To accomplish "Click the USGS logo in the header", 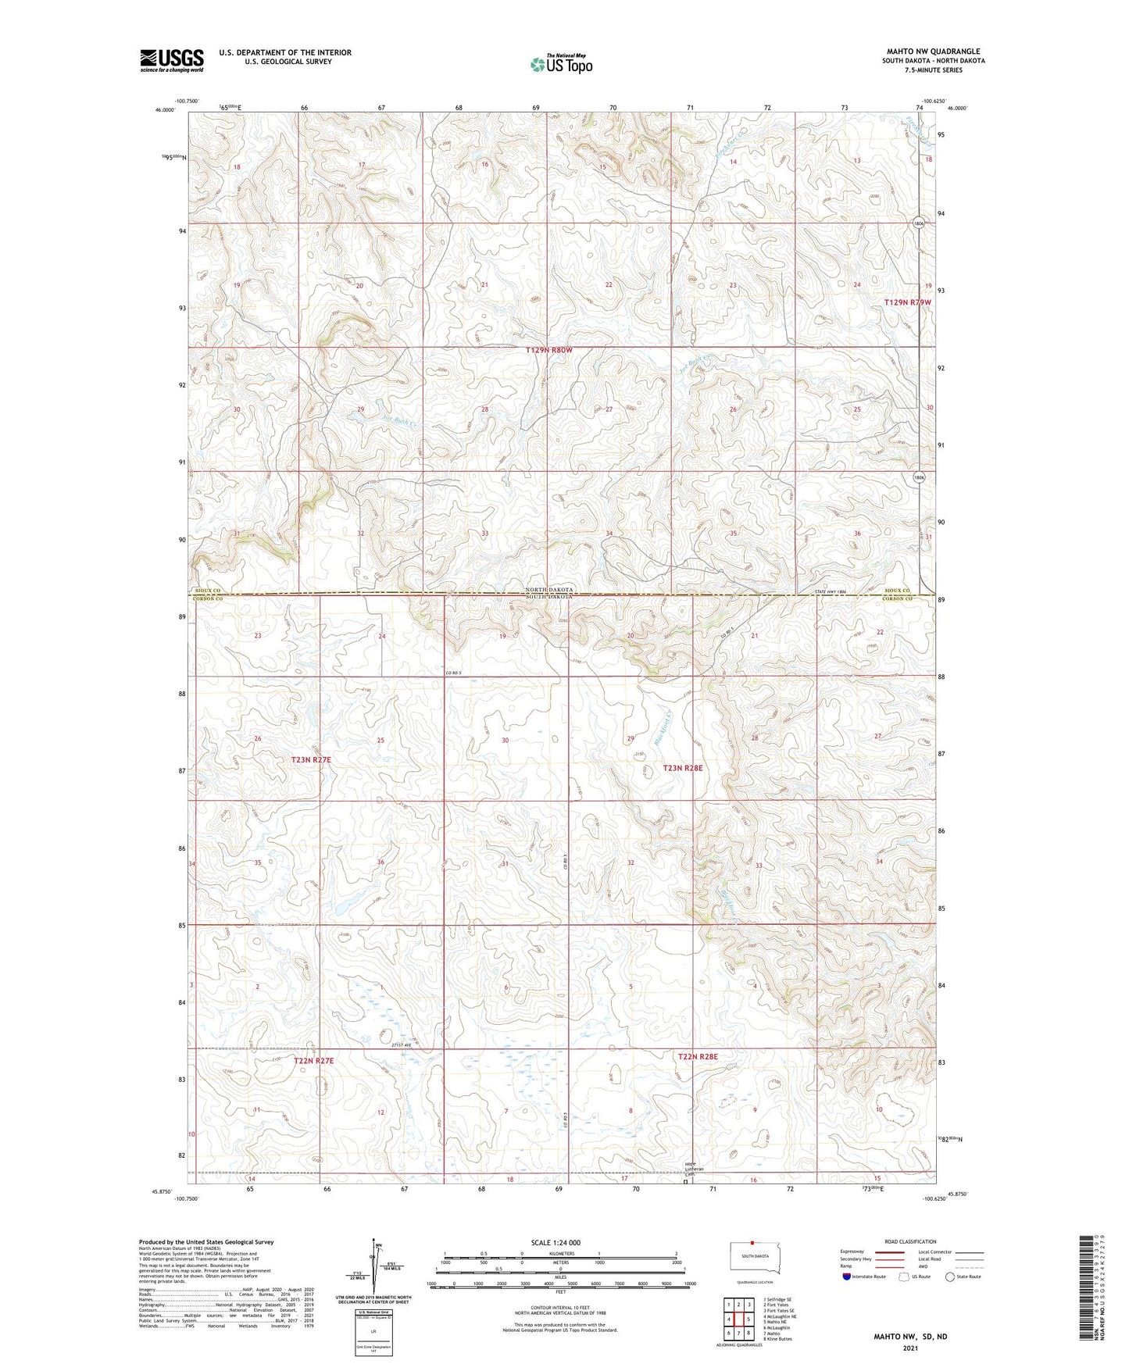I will [171, 60].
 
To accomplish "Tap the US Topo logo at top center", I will [561, 64].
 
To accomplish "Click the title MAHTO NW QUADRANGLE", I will [933, 52].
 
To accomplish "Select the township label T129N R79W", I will [907, 302].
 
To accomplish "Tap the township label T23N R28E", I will [683, 768].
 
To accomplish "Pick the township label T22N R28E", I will [698, 1056].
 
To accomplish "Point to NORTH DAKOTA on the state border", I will [549, 590].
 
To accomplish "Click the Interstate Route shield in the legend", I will [847, 1277].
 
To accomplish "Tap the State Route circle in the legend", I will [950, 1277].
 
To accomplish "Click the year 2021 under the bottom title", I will [909, 1348].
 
